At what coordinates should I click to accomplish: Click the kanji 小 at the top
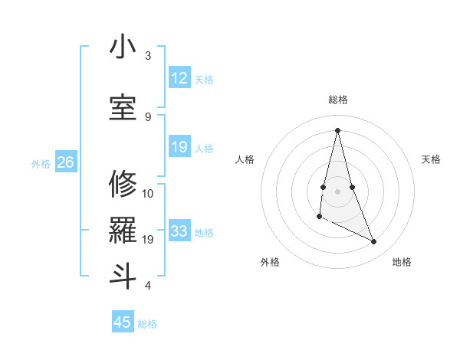(122, 47)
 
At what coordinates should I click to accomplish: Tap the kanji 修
(122, 183)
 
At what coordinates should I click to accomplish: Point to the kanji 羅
(122, 231)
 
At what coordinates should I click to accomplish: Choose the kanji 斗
(122, 275)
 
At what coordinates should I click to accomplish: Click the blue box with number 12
(179, 79)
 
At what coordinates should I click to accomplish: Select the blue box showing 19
(179, 148)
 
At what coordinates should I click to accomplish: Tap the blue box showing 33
(179, 232)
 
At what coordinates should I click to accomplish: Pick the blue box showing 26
(65, 162)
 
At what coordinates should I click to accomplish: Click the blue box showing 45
(123, 322)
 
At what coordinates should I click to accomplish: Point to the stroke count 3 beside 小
(148, 56)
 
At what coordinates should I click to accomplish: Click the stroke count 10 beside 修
(148, 193)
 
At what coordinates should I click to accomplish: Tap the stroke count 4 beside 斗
(148, 286)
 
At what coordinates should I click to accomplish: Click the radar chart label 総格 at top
(338, 100)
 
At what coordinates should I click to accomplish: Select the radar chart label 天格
(432, 159)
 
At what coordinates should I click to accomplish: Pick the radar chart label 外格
(270, 262)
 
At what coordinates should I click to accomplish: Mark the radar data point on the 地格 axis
(374, 242)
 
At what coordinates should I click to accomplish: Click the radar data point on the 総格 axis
(337, 130)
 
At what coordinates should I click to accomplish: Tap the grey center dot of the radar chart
(337, 190)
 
